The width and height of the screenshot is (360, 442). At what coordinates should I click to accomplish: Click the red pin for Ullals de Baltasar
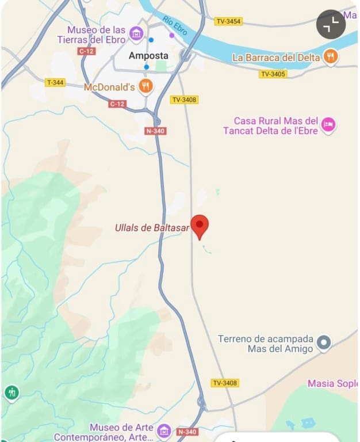200,226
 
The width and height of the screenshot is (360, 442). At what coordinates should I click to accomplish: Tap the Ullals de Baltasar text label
152,228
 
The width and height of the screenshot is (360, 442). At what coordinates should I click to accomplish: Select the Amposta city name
148,56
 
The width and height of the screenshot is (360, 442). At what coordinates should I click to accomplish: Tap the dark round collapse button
331,24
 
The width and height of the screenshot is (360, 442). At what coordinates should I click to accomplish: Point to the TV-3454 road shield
228,21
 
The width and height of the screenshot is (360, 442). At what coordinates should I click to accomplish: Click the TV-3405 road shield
273,74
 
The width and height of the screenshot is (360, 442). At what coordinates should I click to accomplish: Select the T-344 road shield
55,82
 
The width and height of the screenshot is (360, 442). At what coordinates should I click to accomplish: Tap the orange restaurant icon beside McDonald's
146,86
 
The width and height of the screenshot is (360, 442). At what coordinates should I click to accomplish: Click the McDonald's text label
109,87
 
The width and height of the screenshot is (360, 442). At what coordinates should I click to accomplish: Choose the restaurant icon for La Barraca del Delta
330,56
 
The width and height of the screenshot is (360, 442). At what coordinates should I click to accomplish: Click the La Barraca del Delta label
276,58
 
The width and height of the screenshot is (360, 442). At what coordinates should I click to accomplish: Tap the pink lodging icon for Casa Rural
328,125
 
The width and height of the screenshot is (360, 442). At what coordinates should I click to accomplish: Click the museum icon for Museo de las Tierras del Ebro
136,34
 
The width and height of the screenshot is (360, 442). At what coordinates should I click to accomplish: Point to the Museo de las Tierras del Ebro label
91,35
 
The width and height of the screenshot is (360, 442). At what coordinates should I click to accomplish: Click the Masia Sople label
332,383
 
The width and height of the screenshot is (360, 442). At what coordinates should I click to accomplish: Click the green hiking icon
12,393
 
